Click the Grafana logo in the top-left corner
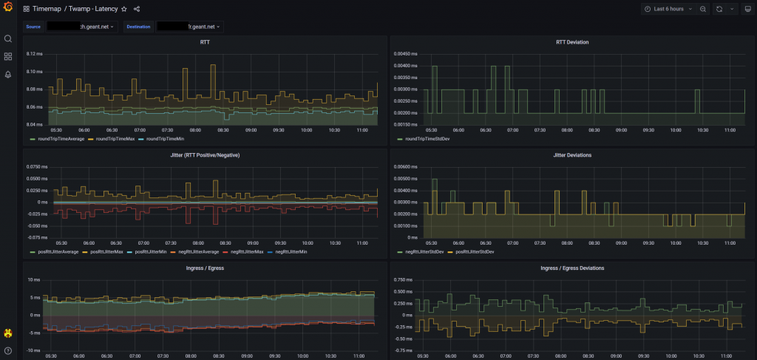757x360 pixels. coord(8,9)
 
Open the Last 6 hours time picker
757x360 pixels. coord(668,10)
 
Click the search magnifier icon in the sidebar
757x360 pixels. coord(8,38)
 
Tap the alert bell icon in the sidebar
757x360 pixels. coord(8,74)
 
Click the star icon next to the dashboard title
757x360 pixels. coord(124,10)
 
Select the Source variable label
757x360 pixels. coord(33,27)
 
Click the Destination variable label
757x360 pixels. coord(143,27)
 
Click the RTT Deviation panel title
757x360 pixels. coord(572,42)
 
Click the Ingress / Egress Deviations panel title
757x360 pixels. coord(572,268)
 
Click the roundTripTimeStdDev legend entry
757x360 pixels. coord(427,139)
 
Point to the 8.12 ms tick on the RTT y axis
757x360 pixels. coord(34,54)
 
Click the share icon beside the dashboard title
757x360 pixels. coord(137,10)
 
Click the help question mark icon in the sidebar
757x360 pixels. coord(8,350)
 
